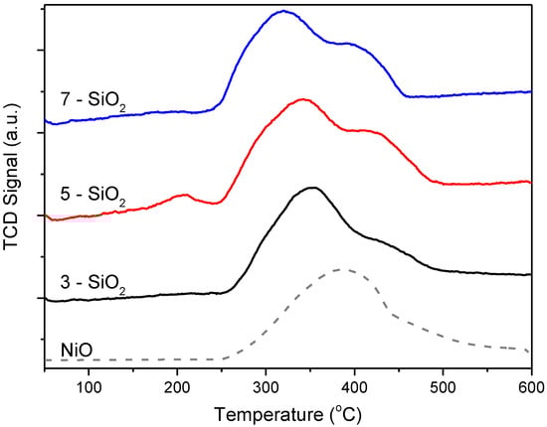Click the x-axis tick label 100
coord(90,385)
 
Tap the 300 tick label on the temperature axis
coord(266,385)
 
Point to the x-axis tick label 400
coord(354,385)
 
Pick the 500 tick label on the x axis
coord(443,385)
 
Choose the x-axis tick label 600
coord(530,385)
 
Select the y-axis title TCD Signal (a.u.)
coord(13,188)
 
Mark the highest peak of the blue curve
coord(285,12)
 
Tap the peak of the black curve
coord(313,187)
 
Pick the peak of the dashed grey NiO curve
coord(343,269)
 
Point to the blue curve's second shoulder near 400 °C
coord(348,44)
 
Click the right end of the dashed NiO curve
coord(530,351)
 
